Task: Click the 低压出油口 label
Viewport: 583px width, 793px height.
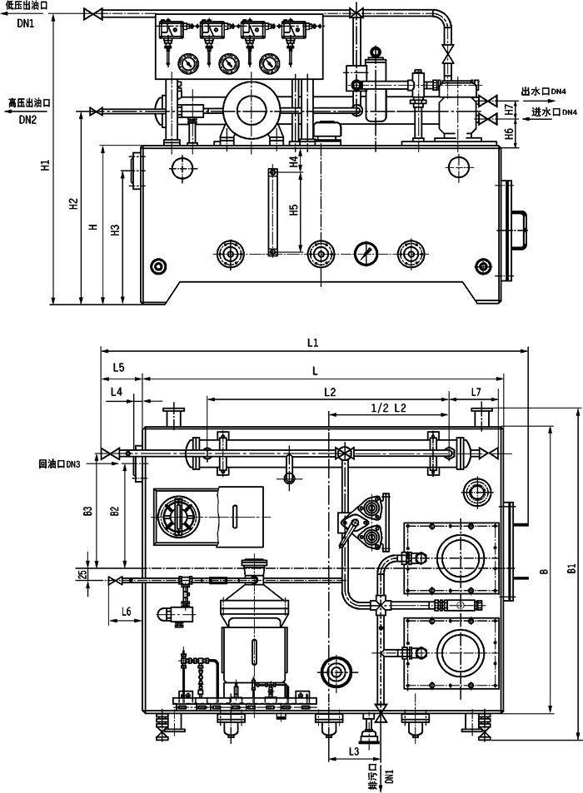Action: pyautogui.click(x=26, y=6)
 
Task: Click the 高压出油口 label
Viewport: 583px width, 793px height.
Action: pyautogui.click(x=30, y=103)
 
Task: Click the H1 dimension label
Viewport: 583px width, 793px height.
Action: pyautogui.click(x=47, y=166)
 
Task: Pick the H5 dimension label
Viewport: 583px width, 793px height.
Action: pyautogui.click(x=294, y=211)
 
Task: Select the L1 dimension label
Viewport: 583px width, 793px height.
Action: pyautogui.click(x=313, y=342)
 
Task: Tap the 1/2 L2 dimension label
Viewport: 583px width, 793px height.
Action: pyautogui.click(x=388, y=408)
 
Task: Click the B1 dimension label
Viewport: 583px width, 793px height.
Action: pyautogui.click(x=572, y=569)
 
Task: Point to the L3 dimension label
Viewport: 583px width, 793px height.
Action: pyautogui.click(x=353, y=751)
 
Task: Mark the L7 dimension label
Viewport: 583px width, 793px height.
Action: pyautogui.click(x=476, y=391)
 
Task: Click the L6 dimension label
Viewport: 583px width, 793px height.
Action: pyautogui.click(x=126, y=612)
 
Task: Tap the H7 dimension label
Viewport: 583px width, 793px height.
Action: pyautogui.click(x=509, y=108)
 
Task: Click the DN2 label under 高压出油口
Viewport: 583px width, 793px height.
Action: pyautogui.click(x=27, y=120)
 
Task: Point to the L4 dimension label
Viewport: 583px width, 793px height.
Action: pyautogui.click(x=117, y=391)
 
